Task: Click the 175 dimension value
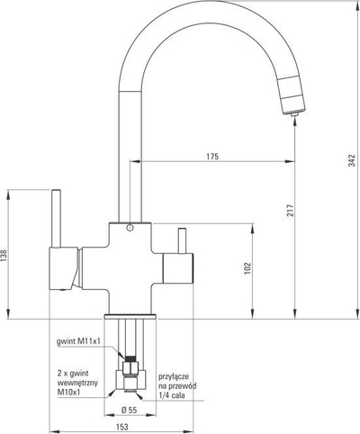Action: pos(212,157)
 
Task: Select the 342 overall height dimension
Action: pos(353,160)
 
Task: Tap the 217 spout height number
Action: pos(290,211)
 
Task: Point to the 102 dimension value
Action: pos(247,269)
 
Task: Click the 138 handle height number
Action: pos(4,256)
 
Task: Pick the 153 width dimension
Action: pos(121,427)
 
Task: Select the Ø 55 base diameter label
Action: pos(129,410)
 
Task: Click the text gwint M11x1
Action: pos(78,341)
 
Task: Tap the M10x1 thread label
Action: pos(69,392)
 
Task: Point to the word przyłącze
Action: pos(174,377)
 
